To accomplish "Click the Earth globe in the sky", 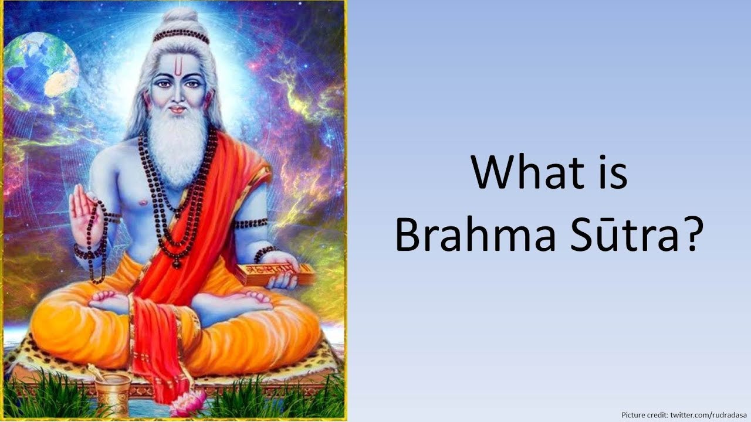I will pyautogui.click(x=41, y=66).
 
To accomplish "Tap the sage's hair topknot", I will pyautogui.click(x=181, y=21).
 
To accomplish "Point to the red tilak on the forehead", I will pyautogui.click(x=180, y=67).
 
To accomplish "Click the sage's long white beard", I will pyautogui.click(x=177, y=147).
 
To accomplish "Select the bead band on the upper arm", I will pyautogui.click(x=251, y=223).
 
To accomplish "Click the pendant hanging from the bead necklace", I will pyautogui.click(x=177, y=263).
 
